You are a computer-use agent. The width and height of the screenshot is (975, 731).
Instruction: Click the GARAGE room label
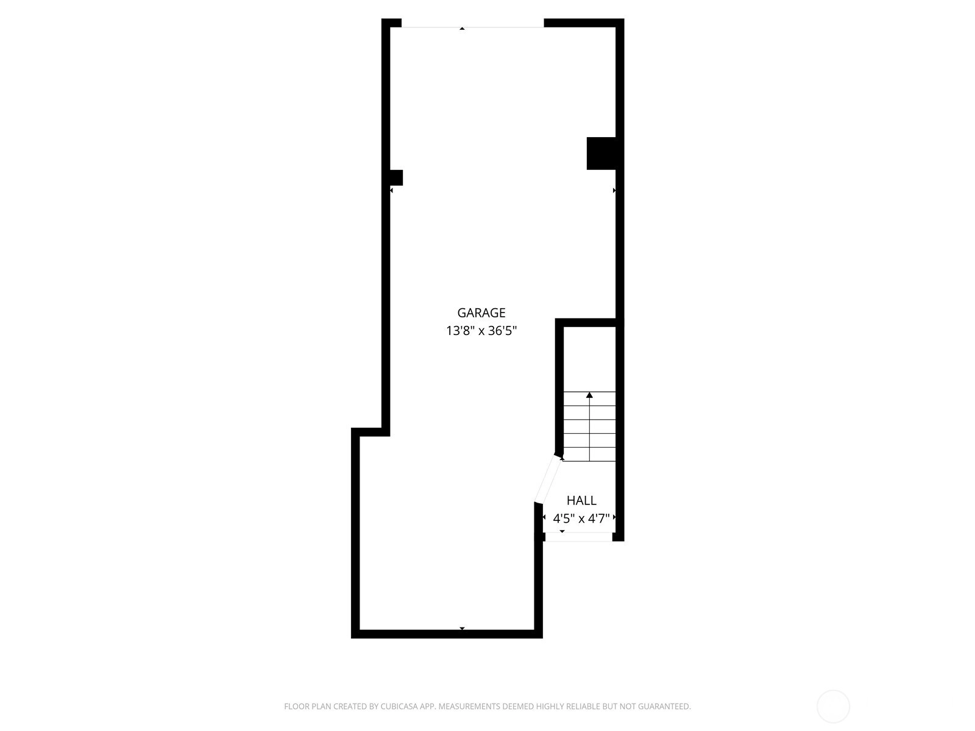click(x=481, y=313)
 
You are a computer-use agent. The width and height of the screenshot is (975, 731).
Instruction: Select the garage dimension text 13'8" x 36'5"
click(x=481, y=331)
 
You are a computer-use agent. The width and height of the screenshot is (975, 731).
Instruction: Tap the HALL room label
click(x=581, y=501)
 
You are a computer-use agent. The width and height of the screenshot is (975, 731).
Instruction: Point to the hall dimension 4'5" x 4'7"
click(x=581, y=518)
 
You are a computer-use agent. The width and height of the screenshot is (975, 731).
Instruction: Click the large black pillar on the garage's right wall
click(x=601, y=153)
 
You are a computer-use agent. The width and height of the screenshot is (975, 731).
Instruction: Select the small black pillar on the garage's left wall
click(x=396, y=177)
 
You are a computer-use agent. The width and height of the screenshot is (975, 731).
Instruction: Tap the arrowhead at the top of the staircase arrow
click(x=589, y=395)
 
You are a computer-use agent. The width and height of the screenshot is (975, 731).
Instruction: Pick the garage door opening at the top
click(x=473, y=27)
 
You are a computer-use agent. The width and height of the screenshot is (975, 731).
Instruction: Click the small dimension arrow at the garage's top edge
click(x=462, y=29)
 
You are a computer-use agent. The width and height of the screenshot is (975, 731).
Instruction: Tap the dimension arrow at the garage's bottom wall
click(x=462, y=629)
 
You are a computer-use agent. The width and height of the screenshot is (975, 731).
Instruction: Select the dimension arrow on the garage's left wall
click(x=391, y=191)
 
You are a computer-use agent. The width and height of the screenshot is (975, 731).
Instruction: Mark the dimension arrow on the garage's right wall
click(x=614, y=191)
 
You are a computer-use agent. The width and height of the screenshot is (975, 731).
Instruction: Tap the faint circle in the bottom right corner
click(x=833, y=707)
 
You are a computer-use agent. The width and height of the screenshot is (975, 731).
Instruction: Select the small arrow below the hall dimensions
click(x=562, y=531)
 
